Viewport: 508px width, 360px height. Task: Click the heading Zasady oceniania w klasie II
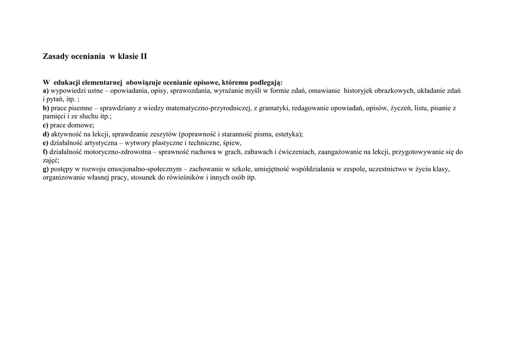point(95,57)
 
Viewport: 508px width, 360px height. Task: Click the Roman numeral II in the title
point(143,57)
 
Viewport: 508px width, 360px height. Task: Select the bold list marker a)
point(46,90)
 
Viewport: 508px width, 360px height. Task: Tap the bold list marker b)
point(46,108)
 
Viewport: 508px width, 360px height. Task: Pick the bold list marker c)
point(46,125)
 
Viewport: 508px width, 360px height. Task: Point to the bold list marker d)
point(46,134)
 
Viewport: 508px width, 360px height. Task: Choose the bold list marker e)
point(46,143)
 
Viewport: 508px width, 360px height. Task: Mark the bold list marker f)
point(45,151)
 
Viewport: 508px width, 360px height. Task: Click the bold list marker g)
point(46,169)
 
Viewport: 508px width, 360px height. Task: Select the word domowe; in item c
point(82,125)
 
